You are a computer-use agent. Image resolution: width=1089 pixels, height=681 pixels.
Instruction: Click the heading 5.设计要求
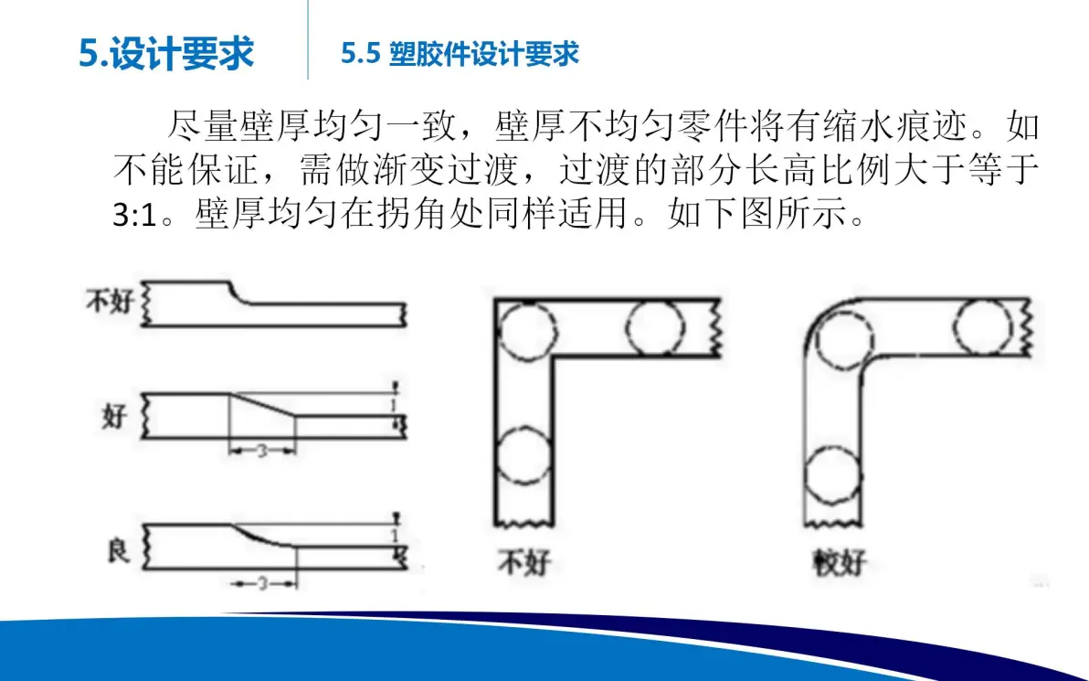(166, 54)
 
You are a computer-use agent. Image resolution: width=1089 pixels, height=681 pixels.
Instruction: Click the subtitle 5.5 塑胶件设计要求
(460, 54)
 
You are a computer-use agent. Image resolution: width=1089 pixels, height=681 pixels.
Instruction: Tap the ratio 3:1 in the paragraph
(135, 215)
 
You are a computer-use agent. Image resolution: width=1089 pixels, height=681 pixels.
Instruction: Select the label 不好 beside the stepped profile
(109, 302)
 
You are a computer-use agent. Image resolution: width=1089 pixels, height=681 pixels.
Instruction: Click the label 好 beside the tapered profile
(114, 416)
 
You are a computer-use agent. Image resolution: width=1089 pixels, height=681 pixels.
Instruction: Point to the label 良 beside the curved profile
(117, 551)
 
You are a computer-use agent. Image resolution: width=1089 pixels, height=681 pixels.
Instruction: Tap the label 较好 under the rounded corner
(840, 561)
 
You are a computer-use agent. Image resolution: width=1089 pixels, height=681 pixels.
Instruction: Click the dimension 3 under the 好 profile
(262, 451)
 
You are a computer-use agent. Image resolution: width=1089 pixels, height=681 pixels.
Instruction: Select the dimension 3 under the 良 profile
(262, 583)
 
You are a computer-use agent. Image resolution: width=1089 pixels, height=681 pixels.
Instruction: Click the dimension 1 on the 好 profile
(394, 404)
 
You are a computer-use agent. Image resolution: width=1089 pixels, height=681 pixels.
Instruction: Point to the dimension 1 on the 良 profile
(395, 536)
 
